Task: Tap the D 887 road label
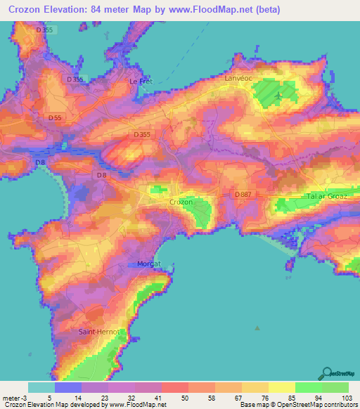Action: tap(243, 193)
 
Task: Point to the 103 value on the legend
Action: tap(347, 397)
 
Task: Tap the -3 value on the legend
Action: tap(25, 397)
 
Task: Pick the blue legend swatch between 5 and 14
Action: tap(68, 387)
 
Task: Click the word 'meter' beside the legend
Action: tap(11, 397)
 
